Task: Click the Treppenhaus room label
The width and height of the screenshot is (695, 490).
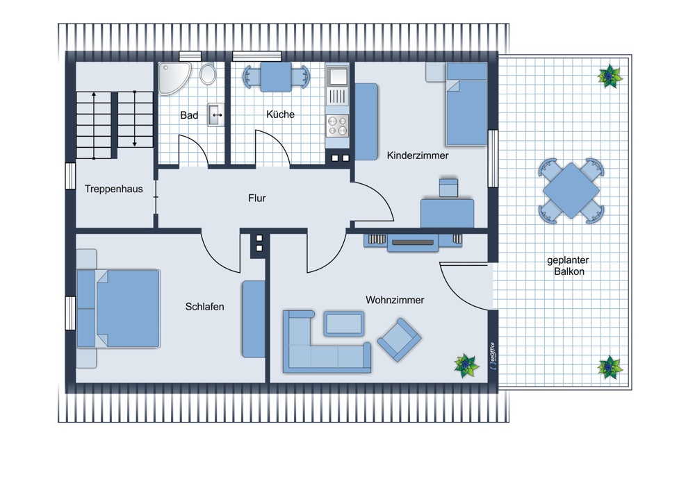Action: (x=113, y=189)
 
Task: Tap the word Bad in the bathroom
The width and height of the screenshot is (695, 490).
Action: (x=189, y=115)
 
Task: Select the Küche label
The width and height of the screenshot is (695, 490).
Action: (x=280, y=115)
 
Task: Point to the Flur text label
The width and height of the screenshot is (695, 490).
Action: (x=256, y=198)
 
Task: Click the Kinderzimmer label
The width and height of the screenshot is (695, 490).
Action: (x=417, y=155)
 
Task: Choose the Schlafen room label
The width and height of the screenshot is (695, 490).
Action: (x=204, y=306)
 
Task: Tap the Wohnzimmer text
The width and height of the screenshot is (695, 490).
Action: (x=395, y=300)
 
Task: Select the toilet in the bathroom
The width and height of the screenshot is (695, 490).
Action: (x=207, y=74)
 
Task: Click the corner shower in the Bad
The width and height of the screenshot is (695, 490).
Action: (x=171, y=76)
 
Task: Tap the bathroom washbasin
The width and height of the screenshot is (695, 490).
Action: (x=216, y=115)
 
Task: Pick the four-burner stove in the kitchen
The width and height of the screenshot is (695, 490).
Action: (x=337, y=126)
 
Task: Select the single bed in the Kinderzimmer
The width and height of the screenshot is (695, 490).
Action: (x=465, y=104)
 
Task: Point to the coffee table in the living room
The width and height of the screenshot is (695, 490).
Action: (x=344, y=323)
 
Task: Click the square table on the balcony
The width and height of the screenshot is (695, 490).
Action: (x=571, y=189)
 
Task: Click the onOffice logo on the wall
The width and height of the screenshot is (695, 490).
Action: (x=492, y=355)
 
